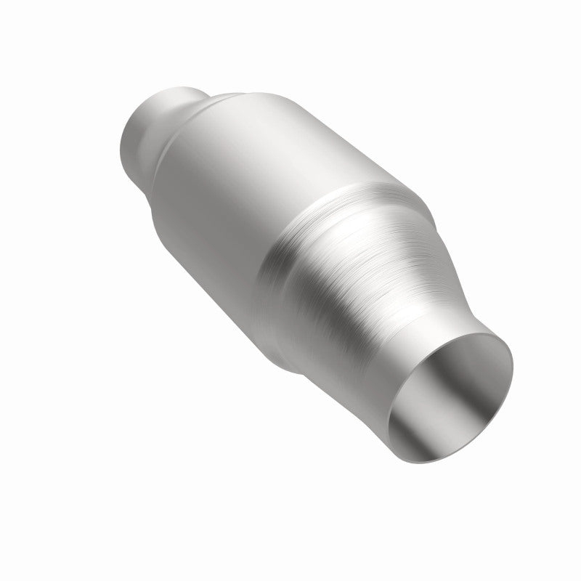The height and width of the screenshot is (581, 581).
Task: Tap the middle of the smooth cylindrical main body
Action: tap(232, 182)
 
